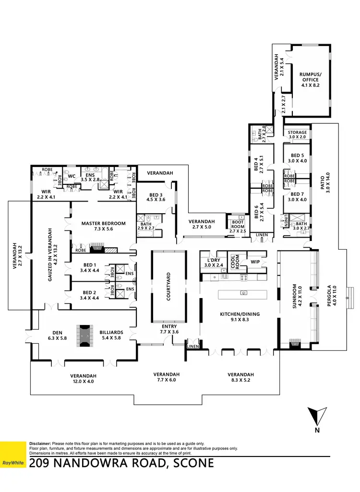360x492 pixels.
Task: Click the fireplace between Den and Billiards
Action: pos(84,335)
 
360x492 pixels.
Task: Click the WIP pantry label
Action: pos(255,262)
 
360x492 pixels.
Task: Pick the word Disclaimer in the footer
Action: pos(40,444)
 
